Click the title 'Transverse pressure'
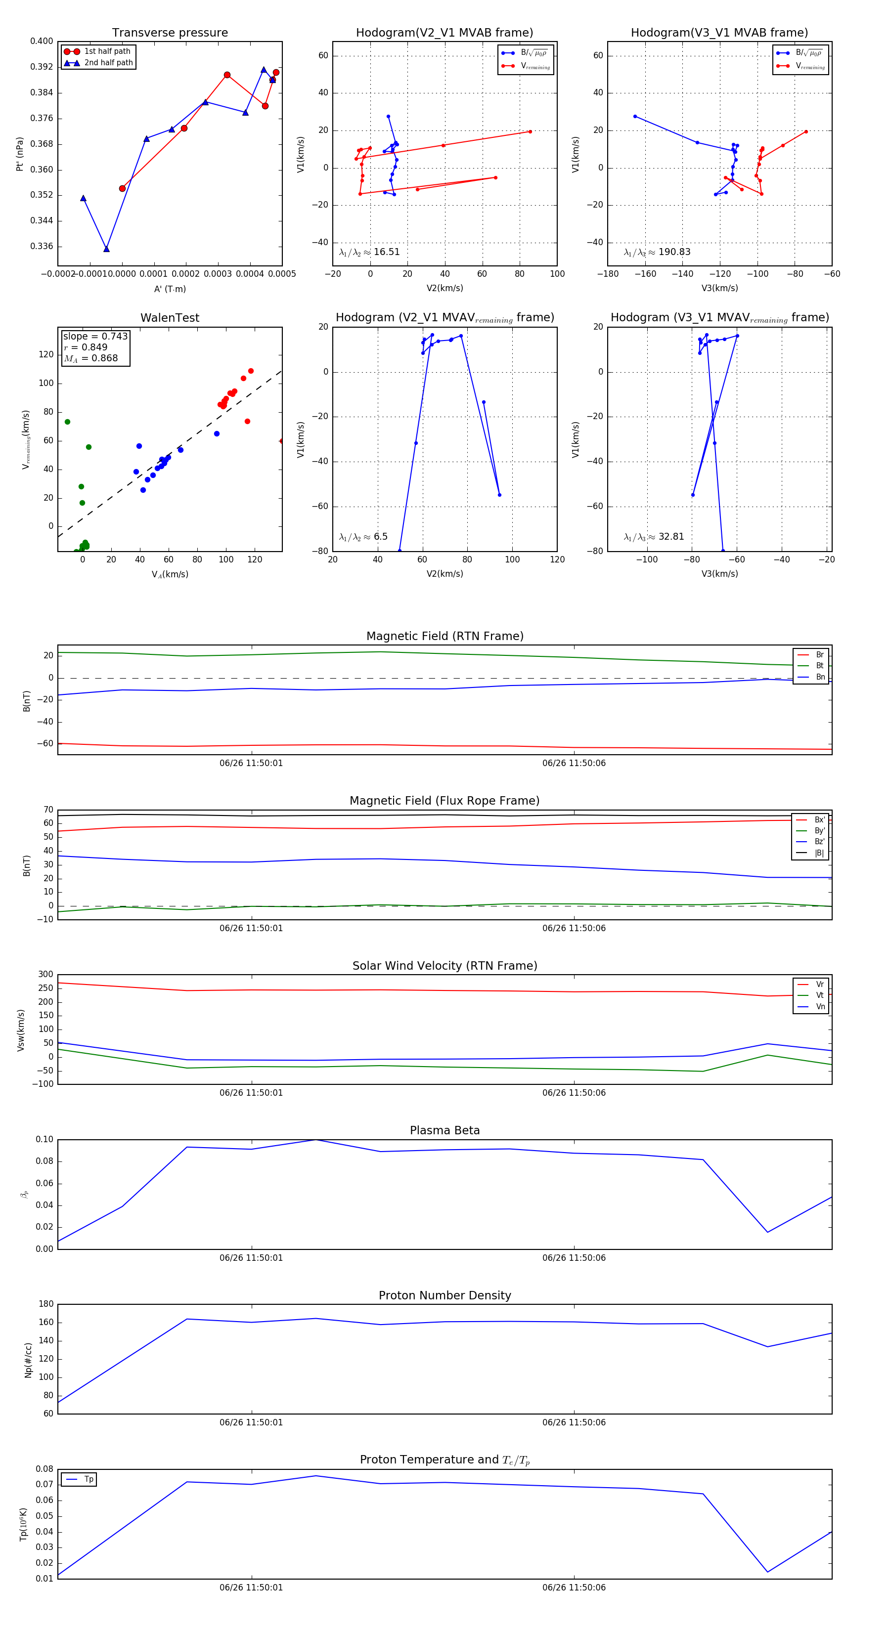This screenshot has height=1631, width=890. (170, 33)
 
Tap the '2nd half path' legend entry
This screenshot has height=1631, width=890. (108, 63)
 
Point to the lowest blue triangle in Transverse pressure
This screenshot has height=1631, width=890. (106, 249)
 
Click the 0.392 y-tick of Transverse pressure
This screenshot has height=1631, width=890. (42, 67)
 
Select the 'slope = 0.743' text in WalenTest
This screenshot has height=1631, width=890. (95, 336)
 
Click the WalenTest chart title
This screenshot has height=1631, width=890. (170, 318)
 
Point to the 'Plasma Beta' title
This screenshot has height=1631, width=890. (445, 1130)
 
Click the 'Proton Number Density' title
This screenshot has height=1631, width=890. (445, 1295)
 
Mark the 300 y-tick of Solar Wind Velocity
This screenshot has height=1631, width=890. (45, 975)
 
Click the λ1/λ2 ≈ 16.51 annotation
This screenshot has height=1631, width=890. (369, 252)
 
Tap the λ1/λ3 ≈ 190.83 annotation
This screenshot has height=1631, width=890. (657, 252)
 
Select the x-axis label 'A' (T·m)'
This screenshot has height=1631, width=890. (170, 289)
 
